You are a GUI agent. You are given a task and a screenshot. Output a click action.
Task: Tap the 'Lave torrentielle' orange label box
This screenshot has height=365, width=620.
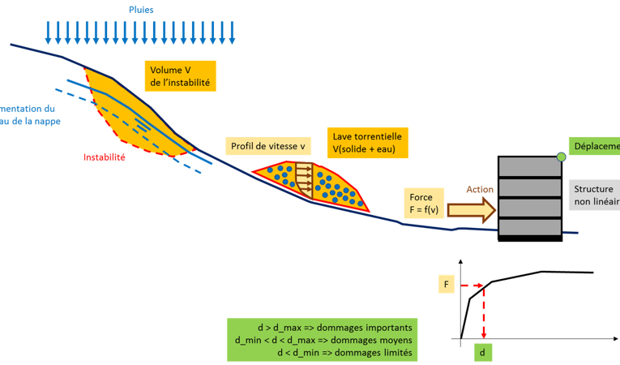[x=366, y=142]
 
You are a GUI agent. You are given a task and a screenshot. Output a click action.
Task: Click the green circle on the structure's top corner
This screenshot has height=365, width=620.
[x=561, y=156]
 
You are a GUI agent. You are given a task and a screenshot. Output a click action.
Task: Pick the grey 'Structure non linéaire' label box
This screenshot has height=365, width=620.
[x=592, y=194]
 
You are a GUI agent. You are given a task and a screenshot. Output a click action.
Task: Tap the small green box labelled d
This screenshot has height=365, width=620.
[x=482, y=353]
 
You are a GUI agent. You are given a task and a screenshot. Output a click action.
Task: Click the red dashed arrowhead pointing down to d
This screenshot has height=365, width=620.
[x=484, y=333]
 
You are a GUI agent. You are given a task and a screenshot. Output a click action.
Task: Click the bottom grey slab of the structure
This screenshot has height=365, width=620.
[x=529, y=227]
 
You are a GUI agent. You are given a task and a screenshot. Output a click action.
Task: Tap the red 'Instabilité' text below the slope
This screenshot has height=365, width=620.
[x=105, y=157]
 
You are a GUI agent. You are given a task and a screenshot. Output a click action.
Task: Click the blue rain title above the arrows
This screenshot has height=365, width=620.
[x=141, y=11]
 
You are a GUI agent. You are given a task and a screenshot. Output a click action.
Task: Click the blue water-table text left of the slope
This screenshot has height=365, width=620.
[x=31, y=114]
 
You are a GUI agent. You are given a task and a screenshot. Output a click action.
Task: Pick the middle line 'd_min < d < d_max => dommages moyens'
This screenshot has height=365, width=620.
[x=325, y=340]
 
